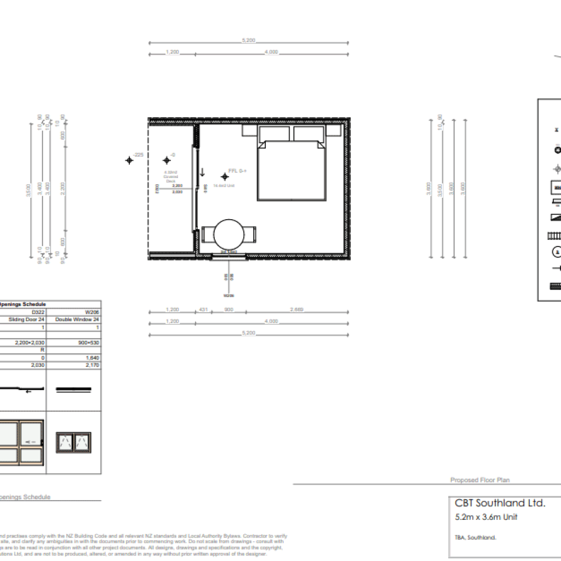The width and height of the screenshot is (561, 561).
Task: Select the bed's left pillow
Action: pos(274,134)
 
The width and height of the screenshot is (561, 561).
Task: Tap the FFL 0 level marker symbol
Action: pos(225,176)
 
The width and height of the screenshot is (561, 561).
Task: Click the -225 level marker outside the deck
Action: pos(129,160)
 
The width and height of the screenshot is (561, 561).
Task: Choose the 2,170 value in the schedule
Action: pos(92,364)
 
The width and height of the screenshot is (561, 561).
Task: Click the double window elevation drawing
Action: pos(74,442)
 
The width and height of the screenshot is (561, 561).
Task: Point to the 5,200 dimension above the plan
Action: pos(248,41)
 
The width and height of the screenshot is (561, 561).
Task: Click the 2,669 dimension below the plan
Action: pos(296,310)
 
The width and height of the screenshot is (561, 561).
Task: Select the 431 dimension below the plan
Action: pos(203,310)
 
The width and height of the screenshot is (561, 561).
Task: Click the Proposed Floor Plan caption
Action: pos(479,480)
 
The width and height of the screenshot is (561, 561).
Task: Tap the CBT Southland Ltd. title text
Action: pos(500,503)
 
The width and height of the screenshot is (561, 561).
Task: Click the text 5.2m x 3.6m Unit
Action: pos(486,517)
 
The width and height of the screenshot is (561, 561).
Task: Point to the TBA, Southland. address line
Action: pos(475,537)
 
